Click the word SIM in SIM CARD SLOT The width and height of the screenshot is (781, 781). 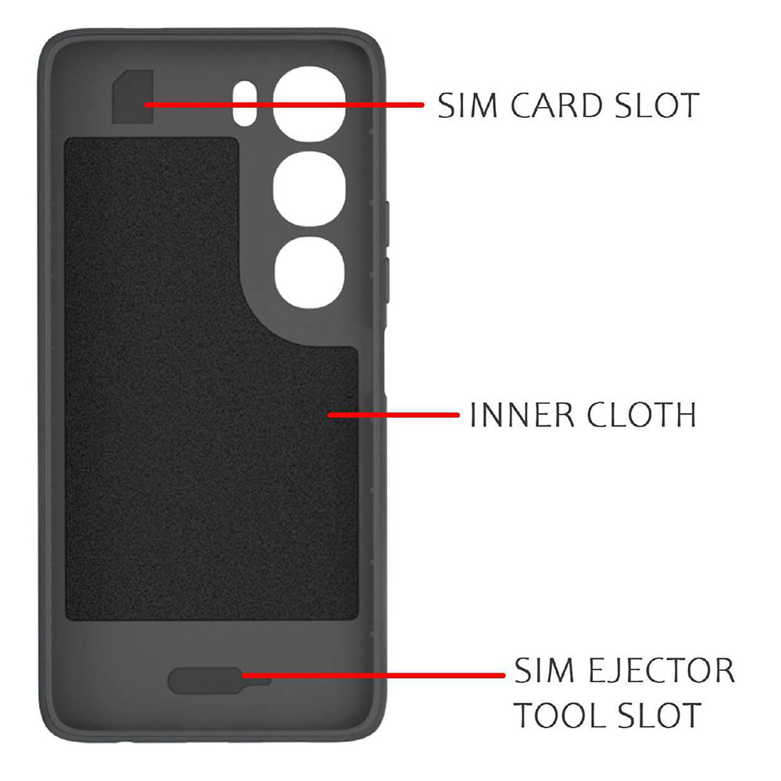coord(468,105)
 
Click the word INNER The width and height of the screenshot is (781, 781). coord(522,415)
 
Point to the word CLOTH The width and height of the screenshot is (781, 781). coord(641,415)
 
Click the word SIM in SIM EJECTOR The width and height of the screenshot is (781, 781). coord(544,670)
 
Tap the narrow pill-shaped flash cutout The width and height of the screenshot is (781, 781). coord(244,104)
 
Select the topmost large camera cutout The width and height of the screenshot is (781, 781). coord(309,104)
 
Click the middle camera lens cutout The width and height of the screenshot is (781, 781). coord(309,189)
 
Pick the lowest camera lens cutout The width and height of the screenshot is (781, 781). coord(309,272)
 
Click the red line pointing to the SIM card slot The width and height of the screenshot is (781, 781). coord(284,105)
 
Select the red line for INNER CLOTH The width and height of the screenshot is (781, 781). coord(394,415)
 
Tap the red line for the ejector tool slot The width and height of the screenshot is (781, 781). coord(373,676)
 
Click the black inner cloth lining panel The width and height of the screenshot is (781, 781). coord(211,379)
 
